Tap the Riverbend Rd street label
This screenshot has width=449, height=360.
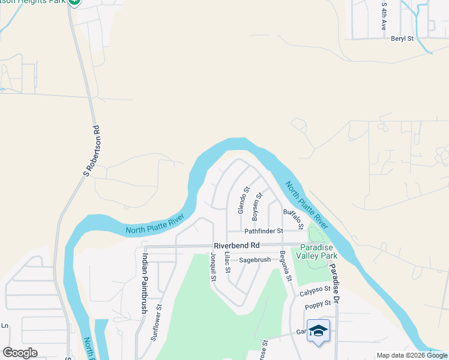237,245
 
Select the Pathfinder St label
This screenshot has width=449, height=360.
263,231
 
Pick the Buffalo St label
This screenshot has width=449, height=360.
294,218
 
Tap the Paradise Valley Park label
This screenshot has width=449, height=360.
316,252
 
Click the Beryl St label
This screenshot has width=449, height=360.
402,38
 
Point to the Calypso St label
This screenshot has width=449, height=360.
315,290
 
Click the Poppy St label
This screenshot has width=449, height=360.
318,306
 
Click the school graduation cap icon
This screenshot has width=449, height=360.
318,331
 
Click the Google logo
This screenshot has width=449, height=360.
20,353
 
